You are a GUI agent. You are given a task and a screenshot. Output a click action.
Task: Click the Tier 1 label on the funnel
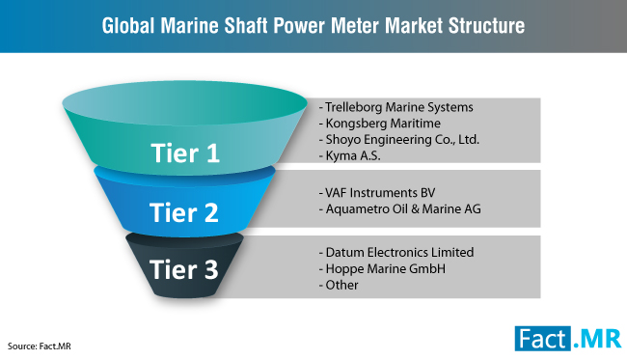click(185, 152)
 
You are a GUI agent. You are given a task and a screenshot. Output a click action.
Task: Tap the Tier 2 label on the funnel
click(184, 212)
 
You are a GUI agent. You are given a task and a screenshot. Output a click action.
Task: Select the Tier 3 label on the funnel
click(184, 269)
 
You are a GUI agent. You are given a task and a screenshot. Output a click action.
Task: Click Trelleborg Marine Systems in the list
click(399, 107)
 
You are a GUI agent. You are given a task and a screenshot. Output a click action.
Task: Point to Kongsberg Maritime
click(383, 124)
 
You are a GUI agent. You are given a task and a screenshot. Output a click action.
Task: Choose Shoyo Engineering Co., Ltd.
click(402, 139)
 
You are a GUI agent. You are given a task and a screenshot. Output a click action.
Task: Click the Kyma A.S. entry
click(353, 155)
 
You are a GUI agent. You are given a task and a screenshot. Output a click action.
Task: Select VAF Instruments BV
click(380, 193)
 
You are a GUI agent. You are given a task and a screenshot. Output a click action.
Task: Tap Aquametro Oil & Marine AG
click(403, 208)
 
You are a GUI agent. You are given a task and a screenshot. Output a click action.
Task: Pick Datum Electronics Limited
click(399, 253)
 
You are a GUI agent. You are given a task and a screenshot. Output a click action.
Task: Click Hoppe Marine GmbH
click(386, 269)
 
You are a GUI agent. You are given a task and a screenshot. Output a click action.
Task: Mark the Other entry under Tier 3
click(341, 285)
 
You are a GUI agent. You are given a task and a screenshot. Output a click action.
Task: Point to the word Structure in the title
click(486, 26)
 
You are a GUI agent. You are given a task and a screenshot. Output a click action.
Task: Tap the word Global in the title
click(128, 26)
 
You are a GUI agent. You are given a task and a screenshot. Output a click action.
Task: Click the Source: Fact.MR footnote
click(40, 346)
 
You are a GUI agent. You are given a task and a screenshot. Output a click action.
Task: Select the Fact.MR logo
click(568, 339)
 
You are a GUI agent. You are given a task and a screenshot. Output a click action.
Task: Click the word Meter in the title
click(355, 26)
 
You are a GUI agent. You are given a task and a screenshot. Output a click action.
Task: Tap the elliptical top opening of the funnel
click(185, 103)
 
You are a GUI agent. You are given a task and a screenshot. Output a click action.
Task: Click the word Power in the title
click(300, 26)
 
